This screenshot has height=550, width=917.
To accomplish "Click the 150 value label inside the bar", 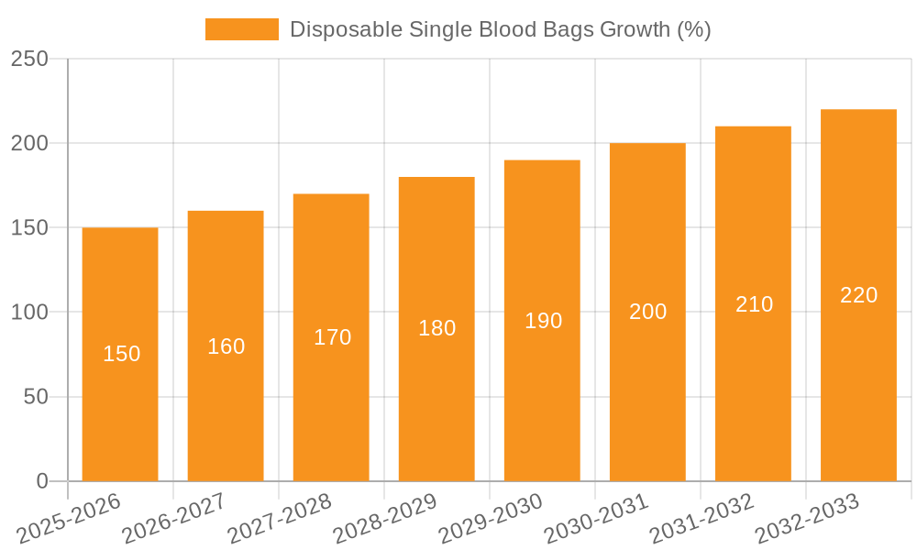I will point(121,354).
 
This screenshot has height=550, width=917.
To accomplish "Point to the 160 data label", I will point(226,346).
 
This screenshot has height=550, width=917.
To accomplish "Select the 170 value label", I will point(332,337).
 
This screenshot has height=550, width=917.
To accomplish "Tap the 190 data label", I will point(543,321).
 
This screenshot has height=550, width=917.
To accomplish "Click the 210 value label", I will point(754,304).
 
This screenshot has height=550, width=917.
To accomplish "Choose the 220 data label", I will point(858,295).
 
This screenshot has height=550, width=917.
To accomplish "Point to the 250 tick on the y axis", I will point(29,59).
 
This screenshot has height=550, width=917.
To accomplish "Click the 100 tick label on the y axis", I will point(29,313).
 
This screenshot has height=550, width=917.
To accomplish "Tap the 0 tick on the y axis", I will point(41,481).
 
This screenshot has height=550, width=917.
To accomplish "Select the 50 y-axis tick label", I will point(35,397).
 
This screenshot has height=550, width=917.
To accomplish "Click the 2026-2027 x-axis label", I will point(174,519).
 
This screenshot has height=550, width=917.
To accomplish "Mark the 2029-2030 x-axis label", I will point(491,519).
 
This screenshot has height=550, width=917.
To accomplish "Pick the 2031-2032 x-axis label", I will point(702,519).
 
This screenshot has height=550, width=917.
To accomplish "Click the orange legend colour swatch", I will point(241,29).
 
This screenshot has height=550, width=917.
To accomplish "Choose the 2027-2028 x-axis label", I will point(280,519).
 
